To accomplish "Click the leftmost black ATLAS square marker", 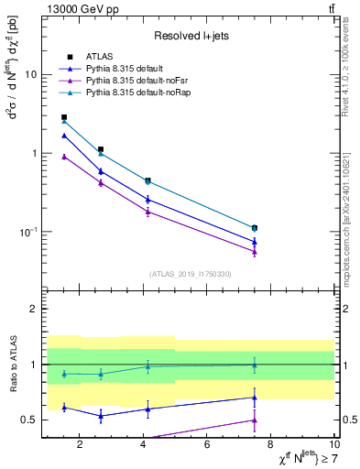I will pos(63,117).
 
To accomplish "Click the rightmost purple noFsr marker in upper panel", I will pos(255,252).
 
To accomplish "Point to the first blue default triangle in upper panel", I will pos(63,136).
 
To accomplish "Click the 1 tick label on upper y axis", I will pos(33,153).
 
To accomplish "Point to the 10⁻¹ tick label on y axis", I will pos(27,231).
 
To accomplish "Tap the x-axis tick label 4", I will pos(143,445).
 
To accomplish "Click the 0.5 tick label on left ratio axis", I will pos(27,420).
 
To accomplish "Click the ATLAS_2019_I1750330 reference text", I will pos(191,274).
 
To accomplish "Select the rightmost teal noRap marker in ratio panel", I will pos(255,365).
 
